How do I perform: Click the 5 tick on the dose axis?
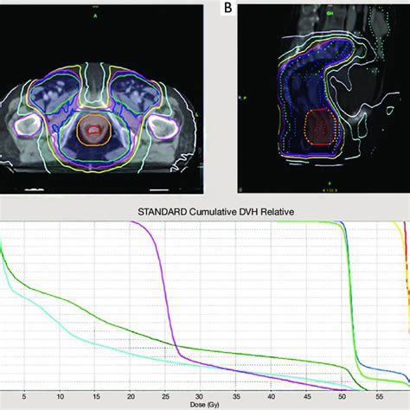pos(23,396)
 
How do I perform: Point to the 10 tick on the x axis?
pos(59,396)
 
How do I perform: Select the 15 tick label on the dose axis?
pos(95,396)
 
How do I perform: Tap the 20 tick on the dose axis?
pos(131,396)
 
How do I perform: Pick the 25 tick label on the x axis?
pos(166,396)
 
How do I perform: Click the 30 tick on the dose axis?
pos(201,396)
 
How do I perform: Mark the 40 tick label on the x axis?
pos(272,396)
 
